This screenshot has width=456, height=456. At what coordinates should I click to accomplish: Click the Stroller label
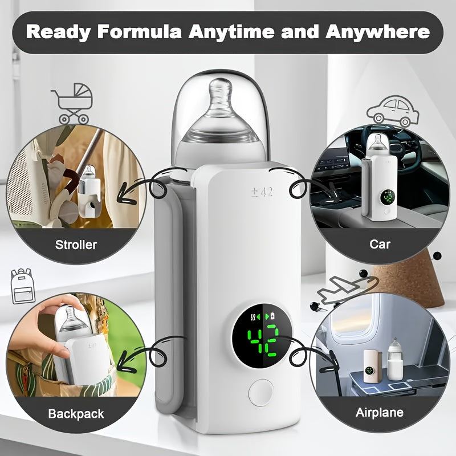76,245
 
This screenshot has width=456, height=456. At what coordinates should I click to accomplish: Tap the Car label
380,244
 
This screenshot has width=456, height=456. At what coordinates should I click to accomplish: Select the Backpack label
76,413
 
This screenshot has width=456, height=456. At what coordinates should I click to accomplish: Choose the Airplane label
379,412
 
